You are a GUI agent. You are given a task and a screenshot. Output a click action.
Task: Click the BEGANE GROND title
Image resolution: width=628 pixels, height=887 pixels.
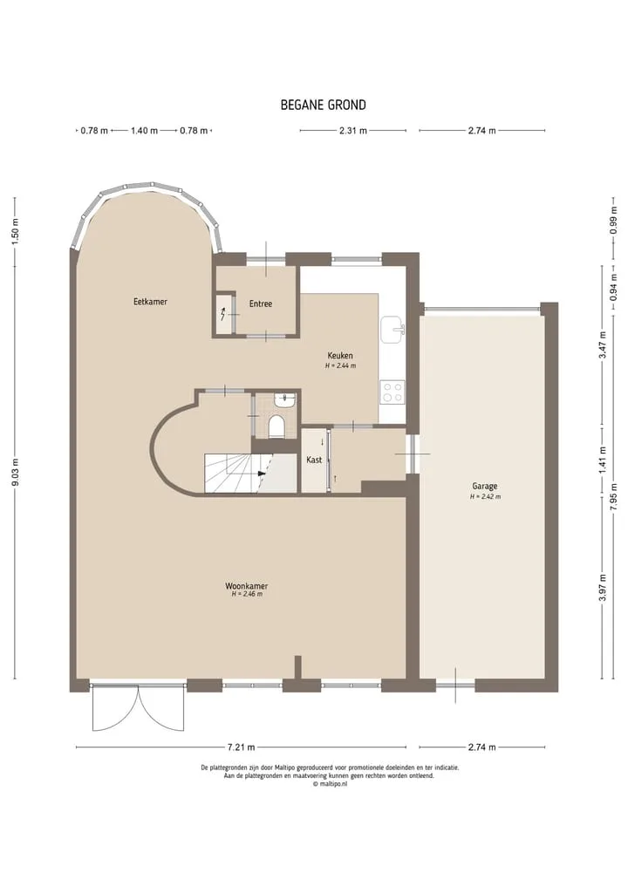pyautogui.click(x=323, y=106)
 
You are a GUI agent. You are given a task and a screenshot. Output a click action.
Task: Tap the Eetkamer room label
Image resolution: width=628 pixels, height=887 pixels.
pyautogui.click(x=151, y=302)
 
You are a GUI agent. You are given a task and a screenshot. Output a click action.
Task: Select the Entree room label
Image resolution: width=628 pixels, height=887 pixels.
pyautogui.click(x=261, y=304)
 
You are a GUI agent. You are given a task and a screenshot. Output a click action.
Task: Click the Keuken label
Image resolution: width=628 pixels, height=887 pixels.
pyautogui.click(x=340, y=355)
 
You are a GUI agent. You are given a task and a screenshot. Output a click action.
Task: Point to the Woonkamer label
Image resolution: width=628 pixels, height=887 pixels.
pyautogui.click(x=247, y=586)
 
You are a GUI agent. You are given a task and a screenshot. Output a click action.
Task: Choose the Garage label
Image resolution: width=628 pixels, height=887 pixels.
pyautogui.click(x=485, y=486)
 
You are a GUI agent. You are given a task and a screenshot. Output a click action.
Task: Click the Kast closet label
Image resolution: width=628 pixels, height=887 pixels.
pyautogui.click(x=314, y=460)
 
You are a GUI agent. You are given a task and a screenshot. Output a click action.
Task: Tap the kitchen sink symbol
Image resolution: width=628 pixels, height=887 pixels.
pyautogui.click(x=392, y=329)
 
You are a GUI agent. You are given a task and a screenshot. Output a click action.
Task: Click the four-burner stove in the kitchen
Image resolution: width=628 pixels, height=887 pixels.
pyautogui.click(x=392, y=392)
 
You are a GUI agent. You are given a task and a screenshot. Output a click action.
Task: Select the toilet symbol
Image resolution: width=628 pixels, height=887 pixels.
pyautogui.click(x=276, y=426)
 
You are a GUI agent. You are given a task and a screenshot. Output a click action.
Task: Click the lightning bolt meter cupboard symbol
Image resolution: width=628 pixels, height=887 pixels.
pyautogui.click(x=223, y=312)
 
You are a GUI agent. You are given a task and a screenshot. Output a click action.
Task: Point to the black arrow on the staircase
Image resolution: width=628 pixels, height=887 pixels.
pyautogui.click(x=261, y=474)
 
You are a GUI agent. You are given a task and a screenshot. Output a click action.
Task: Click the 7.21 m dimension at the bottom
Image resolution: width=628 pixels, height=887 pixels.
pyautogui.click(x=241, y=747)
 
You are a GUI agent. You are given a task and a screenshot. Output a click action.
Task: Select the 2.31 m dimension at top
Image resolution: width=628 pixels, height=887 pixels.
pyautogui.click(x=353, y=131)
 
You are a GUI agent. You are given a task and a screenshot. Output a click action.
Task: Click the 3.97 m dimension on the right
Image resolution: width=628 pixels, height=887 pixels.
pyautogui.click(x=603, y=588)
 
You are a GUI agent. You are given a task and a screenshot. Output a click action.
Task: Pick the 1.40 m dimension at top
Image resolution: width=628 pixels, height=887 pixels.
pyautogui.click(x=144, y=131)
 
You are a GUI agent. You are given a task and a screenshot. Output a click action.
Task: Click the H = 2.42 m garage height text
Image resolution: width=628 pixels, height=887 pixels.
pyautogui.click(x=485, y=496)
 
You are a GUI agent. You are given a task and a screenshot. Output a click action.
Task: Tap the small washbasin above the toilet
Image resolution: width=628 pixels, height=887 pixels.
pyautogui.click(x=284, y=400)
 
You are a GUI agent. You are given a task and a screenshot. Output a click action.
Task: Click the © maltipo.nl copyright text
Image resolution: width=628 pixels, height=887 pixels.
pyautogui.click(x=330, y=784)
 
